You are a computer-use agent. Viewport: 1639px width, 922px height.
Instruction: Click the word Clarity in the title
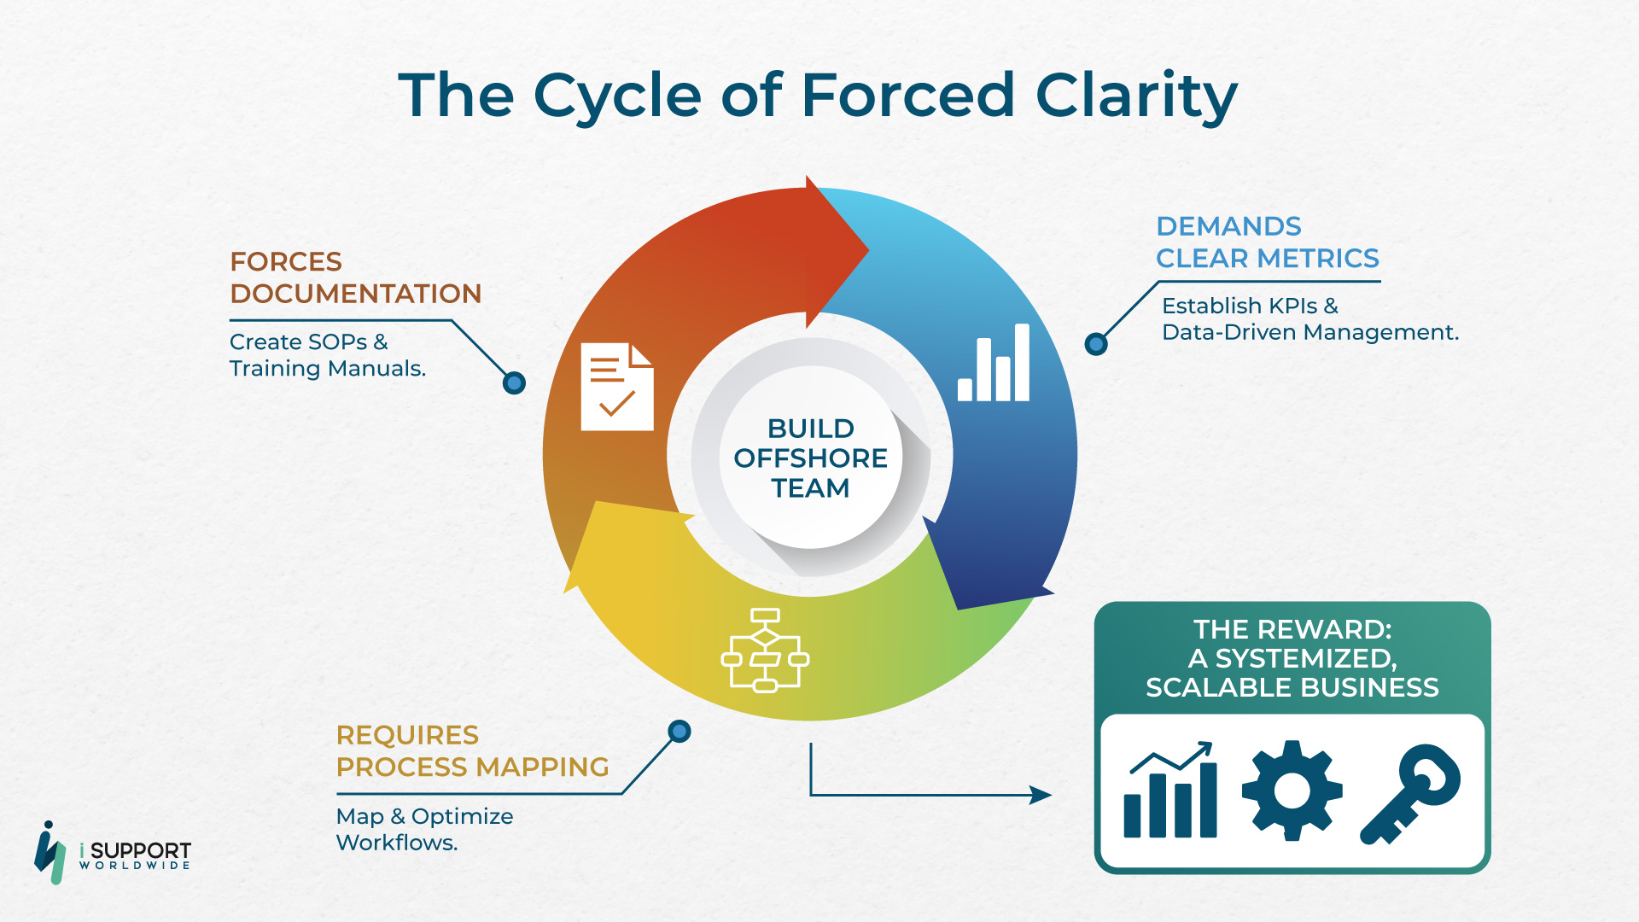pos(1136,96)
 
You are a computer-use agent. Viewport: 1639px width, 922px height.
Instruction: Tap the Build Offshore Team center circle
pos(810,458)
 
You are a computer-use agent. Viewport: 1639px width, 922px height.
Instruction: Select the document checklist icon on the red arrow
pos(617,387)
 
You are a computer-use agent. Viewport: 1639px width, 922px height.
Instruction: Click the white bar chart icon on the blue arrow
pos(994,362)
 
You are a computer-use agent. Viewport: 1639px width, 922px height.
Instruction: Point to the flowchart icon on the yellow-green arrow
pos(765,650)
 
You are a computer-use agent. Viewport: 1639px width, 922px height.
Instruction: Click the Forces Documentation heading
pos(355,277)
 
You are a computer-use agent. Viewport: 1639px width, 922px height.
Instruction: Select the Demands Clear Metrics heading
pos(1268,242)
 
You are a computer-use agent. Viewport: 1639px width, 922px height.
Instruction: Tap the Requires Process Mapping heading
pos(472,751)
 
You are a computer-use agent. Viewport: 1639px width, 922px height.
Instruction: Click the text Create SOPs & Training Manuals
pos(328,355)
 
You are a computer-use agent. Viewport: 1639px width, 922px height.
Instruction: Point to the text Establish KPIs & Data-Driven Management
pos(1310,318)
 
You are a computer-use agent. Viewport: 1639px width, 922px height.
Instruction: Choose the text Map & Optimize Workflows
pos(424,829)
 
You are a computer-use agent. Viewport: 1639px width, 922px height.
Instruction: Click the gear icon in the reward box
pos(1292,791)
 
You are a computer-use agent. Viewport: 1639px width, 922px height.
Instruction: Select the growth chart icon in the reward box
pos(1170,790)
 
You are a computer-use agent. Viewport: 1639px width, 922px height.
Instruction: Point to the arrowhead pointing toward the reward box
pos(1041,795)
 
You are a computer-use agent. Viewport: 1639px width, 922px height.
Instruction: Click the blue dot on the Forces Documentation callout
pos(514,383)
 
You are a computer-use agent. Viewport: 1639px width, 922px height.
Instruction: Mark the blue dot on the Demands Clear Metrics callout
pos(1096,344)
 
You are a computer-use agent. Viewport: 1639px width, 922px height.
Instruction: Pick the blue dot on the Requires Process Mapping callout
pos(680,732)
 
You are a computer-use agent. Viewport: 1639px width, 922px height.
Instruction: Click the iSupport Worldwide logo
pos(112,852)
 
